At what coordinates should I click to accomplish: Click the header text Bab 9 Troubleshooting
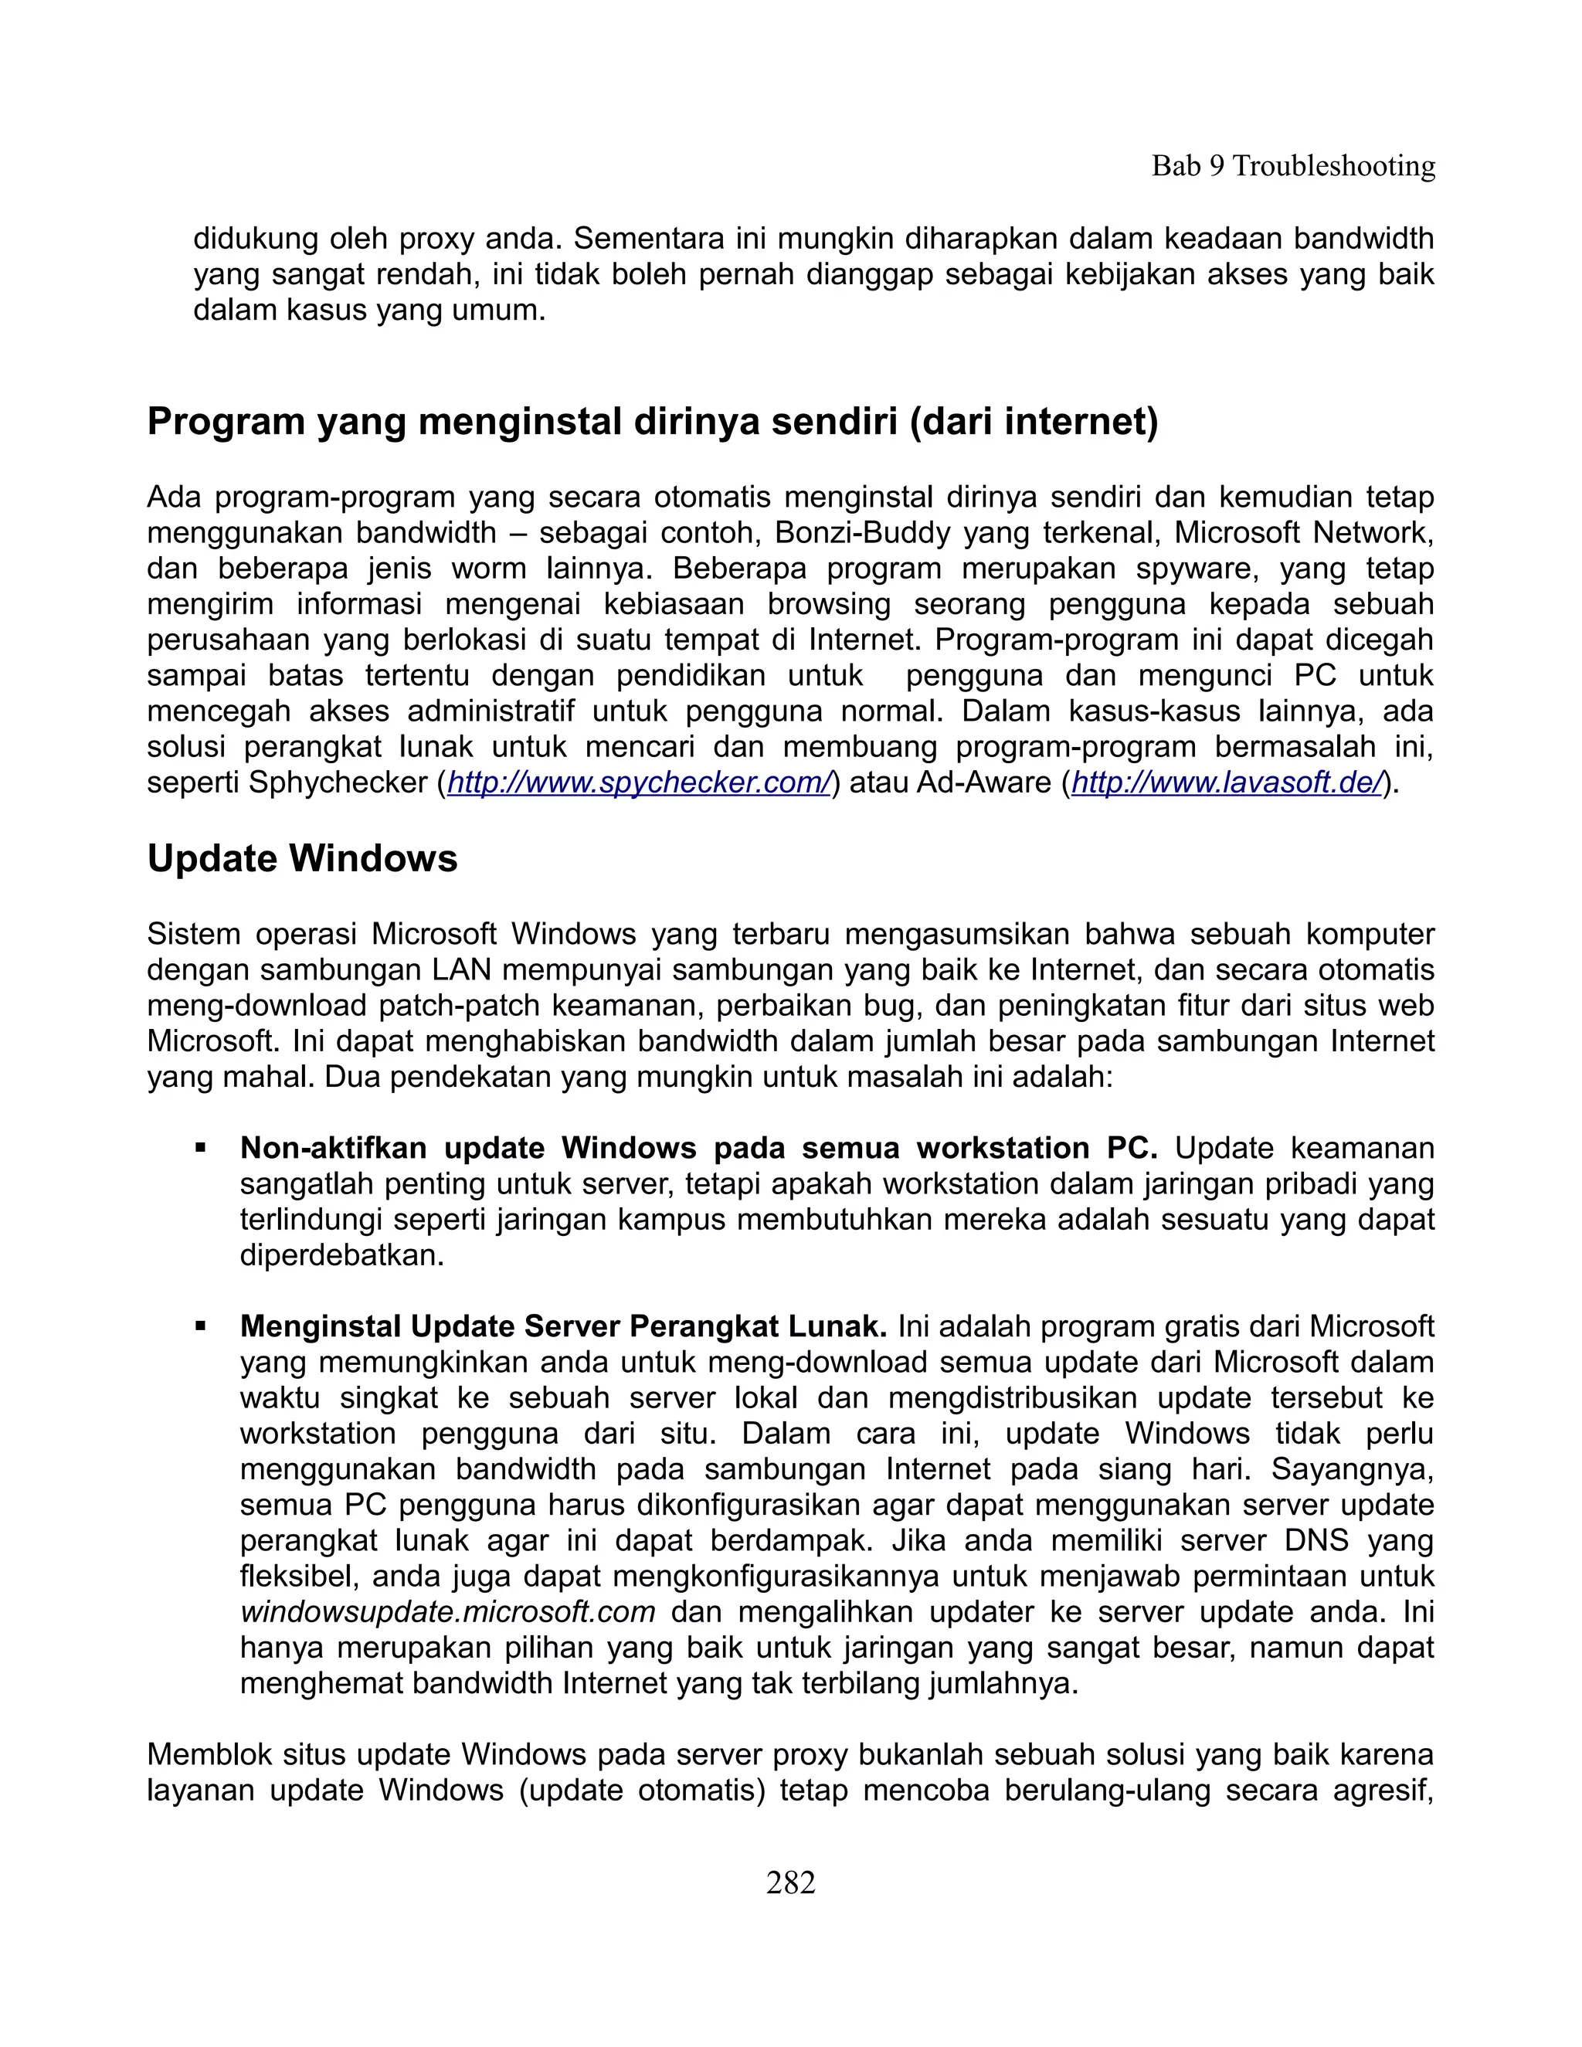tap(1292, 166)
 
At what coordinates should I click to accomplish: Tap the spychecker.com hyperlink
tap(639, 782)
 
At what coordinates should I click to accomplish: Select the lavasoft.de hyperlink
tap(1226, 782)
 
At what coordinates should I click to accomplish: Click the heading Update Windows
tap(302, 858)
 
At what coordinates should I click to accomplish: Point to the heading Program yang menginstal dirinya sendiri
tap(652, 422)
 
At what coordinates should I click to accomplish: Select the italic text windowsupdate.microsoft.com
tap(447, 1612)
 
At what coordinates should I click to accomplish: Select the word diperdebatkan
tap(341, 1255)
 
